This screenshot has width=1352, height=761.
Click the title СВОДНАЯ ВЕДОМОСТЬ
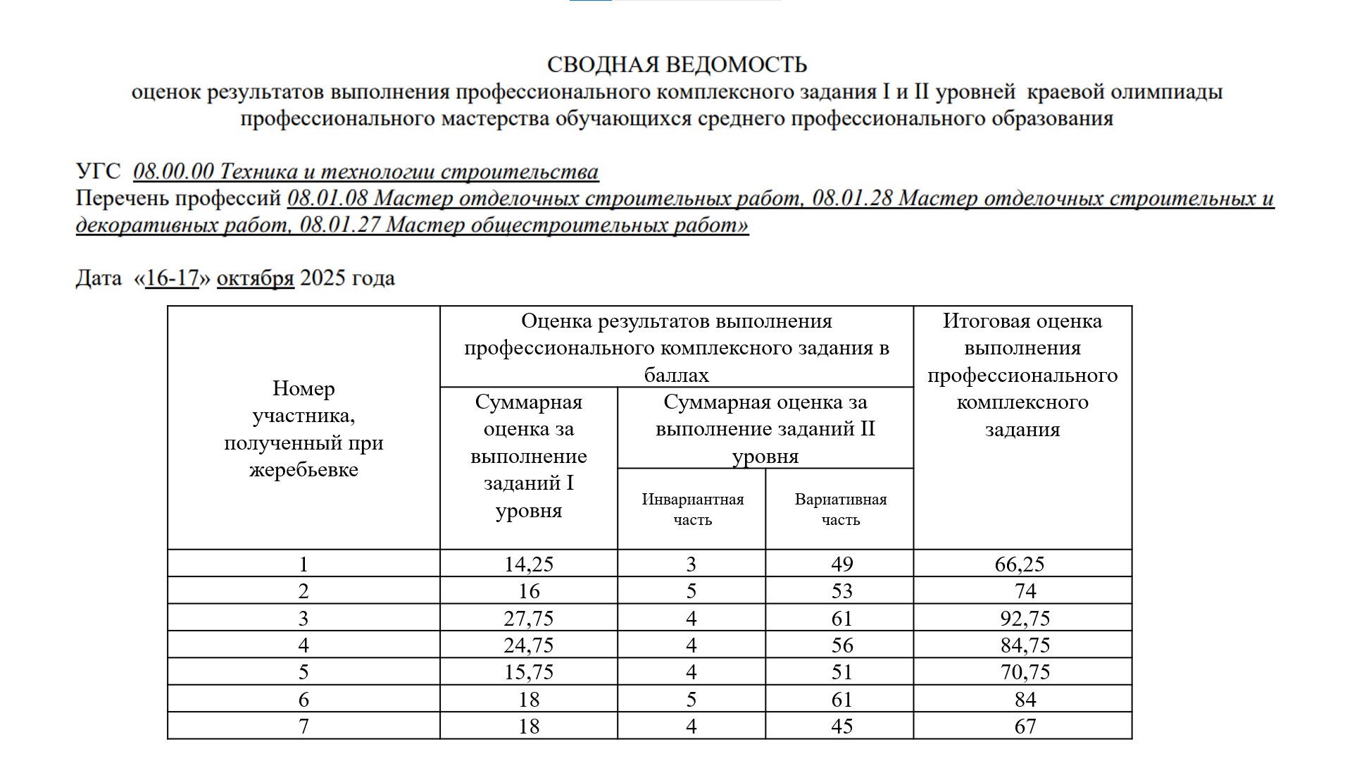click(676, 65)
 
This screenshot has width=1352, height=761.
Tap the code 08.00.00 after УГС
click(173, 171)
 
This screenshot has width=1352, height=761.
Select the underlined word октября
click(255, 278)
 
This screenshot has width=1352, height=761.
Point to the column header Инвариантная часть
click(692, 509)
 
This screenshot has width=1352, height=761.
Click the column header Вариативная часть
click(840, 509)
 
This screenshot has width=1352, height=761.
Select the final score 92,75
click(1025, 619)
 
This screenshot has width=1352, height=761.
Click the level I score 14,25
click(528, 564)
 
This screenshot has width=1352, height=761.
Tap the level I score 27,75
click(528, 619)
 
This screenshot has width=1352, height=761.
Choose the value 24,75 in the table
click(528, 645)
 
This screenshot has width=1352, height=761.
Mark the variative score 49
click(841, 564)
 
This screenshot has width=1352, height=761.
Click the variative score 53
click(841, 591)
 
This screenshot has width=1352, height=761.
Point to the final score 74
click(1025, 591)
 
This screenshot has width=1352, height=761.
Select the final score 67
click(1025, 726)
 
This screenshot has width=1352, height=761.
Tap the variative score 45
click(841, 726)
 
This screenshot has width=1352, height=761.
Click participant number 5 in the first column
click(303, 672)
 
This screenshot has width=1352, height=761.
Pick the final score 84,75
click(1025, 645)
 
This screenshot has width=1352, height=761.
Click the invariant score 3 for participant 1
click(691, 564)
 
